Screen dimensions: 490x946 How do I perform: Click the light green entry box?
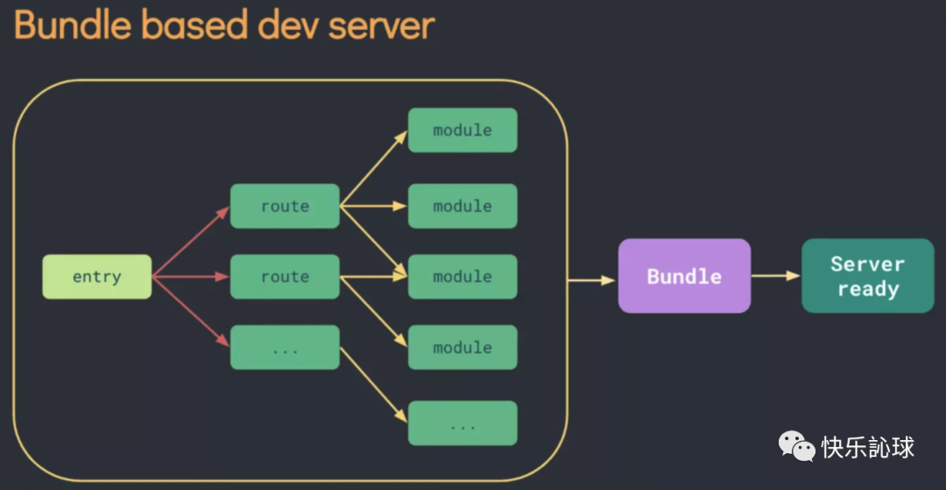point(96,276)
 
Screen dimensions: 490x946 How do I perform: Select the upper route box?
point(285,206)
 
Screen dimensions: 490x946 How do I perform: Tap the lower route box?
point(285,276)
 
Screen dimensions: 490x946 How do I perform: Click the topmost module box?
point(462,130)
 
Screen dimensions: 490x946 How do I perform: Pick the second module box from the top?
point(462,206)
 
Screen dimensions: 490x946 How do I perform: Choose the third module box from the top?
point(462,276)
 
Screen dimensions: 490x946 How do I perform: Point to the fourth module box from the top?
point(462,347)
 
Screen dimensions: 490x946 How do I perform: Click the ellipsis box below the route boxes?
point(285,347)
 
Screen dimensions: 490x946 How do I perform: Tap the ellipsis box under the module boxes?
point(462,423)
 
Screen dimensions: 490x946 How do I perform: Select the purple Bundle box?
point(684,276)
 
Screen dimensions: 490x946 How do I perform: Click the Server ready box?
point(867,276)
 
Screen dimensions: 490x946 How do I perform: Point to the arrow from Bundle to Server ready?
point(776,276)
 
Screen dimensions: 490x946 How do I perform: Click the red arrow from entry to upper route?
point(191,242)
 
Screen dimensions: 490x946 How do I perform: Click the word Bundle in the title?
point(71,25)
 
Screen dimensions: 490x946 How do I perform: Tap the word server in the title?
point(382,25)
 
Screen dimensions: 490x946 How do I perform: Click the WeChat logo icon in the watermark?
point(796,447)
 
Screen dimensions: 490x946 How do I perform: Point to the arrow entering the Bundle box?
point(592,281)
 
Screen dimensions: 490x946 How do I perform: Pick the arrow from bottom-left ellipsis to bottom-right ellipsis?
point(374,385)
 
